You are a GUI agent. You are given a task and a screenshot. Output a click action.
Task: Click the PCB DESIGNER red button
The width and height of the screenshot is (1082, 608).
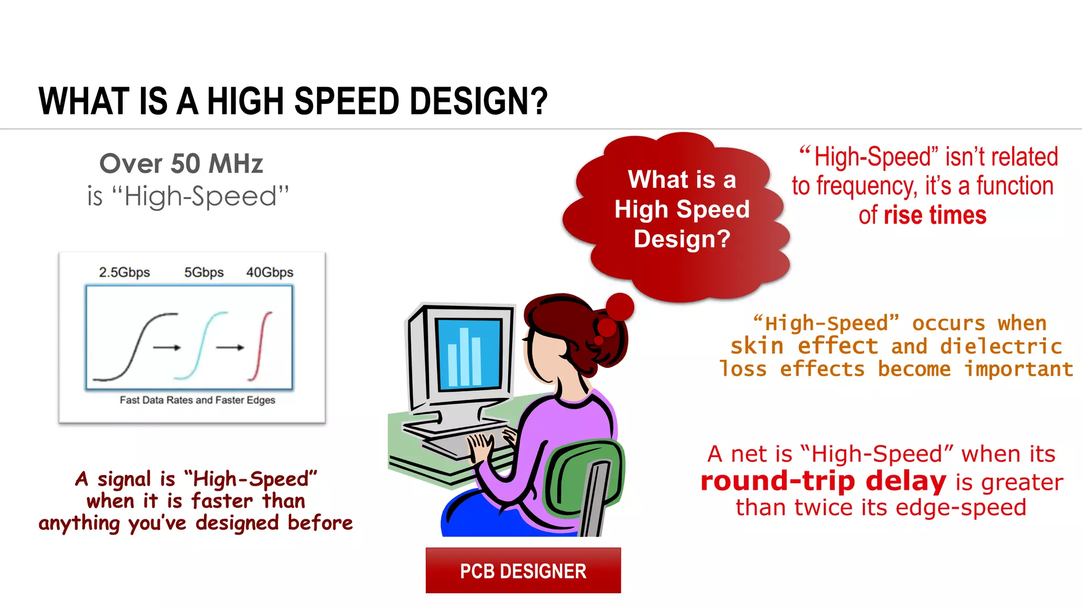[x=523, y=571]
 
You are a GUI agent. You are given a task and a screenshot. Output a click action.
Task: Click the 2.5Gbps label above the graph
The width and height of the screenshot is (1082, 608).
[x=124, y=272]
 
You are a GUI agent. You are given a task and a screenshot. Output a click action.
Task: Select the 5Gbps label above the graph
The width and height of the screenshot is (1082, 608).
[x=203, y=272]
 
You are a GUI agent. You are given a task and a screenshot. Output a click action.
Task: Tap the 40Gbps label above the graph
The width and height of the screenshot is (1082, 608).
[x=269, y=272]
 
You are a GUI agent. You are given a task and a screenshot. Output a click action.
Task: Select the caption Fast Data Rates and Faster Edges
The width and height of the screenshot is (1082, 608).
[x=197, y=400]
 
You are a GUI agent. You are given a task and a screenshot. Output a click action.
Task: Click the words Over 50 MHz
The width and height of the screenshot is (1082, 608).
[x=181, y=164]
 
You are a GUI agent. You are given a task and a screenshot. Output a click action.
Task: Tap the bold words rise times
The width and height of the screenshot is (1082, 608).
[x=935, y=215]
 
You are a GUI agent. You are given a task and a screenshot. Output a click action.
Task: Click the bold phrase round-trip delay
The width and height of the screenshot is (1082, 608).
[x=823, y=481]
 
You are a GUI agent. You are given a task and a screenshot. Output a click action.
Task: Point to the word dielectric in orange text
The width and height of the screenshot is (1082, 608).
[x=1001, y=346]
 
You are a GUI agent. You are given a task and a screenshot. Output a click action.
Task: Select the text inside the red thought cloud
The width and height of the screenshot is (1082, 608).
[x=682, y=209]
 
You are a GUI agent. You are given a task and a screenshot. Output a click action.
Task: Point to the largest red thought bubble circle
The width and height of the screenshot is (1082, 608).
[x=619, y=307]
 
